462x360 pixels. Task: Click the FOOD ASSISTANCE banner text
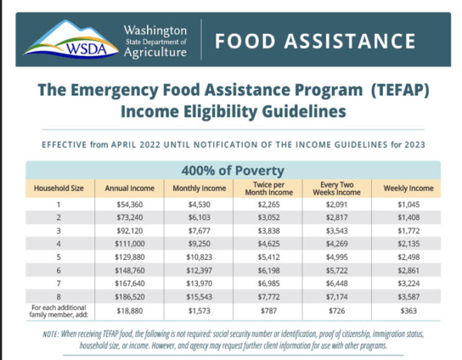[316, 41]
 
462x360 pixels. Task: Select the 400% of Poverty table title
[233, 170]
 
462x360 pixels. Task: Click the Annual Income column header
[129, 188]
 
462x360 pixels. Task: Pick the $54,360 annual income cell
[129, 205]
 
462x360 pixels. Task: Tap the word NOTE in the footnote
[52, 334]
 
